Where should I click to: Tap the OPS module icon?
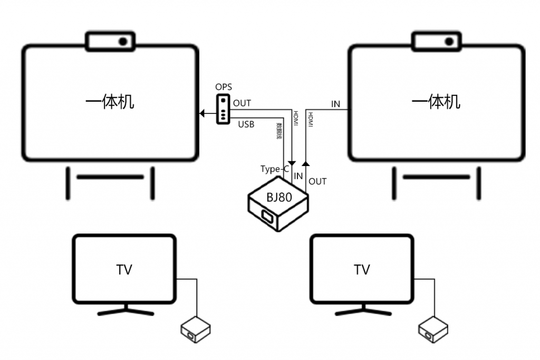click(224, 109)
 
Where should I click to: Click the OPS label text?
click(223, 87)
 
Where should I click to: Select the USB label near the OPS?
click(246, 125)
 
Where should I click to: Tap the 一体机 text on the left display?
click(110, 102)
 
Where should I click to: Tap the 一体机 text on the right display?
click(436, 102)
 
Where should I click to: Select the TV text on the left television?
click(124, 270)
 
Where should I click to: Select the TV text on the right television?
click(362, 270)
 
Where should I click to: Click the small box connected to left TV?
click(196, 329)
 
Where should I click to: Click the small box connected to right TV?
click(433, 329)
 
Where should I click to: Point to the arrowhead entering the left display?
click(202, 113)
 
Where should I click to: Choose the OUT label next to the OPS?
click(242, 103)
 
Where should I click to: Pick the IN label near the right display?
click(336, 104)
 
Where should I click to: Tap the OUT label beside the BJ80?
click(317, 181)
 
